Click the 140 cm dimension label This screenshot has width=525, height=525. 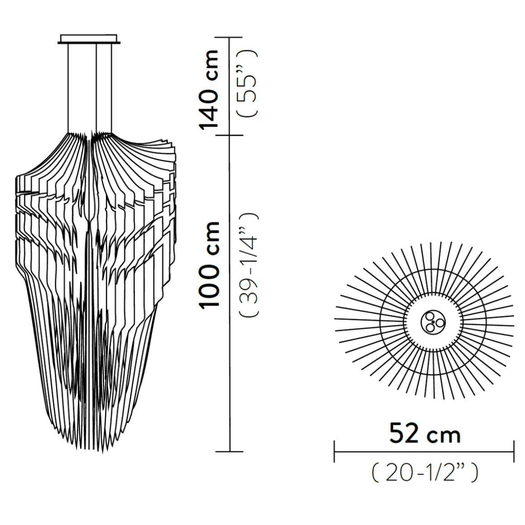pos(209,90)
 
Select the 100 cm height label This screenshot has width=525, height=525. pos(210,264)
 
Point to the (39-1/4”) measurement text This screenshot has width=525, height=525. pos(248,265)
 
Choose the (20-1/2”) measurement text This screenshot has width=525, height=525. pos(425,473)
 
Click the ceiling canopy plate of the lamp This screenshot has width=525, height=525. pos(89,39)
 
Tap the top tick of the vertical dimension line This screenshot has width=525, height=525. pos(229,37)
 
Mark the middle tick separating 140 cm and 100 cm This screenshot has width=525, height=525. pos(229,135)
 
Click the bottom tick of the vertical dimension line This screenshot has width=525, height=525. pos(229,452)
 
